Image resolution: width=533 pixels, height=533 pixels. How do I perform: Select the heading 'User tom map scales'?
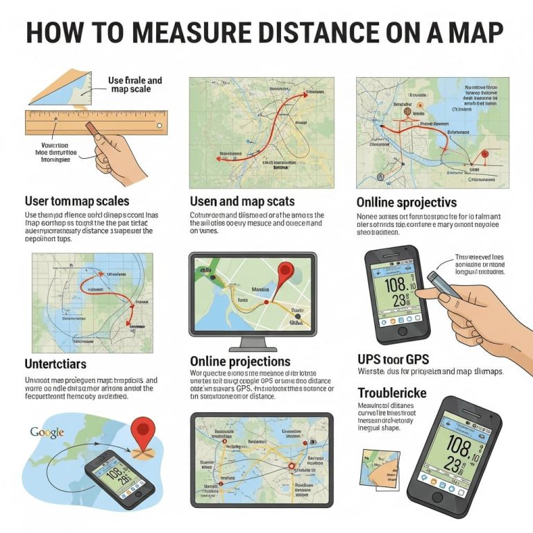click(77, 202)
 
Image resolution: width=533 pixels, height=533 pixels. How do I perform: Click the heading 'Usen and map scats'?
click(242, 202)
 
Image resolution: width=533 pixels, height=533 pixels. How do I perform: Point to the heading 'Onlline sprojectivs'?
click(407, 203)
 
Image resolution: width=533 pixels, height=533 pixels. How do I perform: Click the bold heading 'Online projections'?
click(240, 362)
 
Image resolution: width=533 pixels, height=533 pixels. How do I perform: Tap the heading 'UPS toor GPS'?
click(393, 359)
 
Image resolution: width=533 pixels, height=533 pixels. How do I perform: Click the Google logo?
click(47, 432)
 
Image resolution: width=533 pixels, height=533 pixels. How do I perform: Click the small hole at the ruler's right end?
click(160, 126)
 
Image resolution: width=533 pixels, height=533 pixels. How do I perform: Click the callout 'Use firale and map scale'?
click(135, 85)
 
